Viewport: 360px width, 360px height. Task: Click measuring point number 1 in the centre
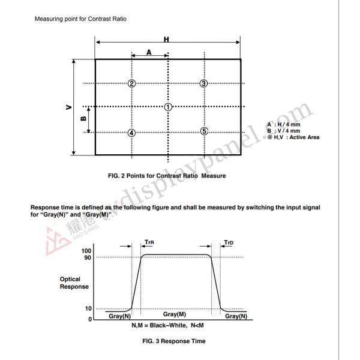(x=168, y=107)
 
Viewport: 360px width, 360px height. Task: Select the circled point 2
(x=131, y=83)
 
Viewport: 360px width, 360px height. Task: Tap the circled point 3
(x=204, y=83)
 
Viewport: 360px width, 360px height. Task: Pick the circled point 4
(x=131, y=132)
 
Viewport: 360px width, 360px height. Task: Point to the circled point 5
(x=204, y=131)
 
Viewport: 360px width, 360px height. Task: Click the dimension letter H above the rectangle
(x=166, y=40)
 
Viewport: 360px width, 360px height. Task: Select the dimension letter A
(x=149, y=52)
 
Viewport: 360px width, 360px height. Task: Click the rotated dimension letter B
(x=84, y=118)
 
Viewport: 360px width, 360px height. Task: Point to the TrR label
(x=149, y=243)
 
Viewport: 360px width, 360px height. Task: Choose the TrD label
(x=229, y=243)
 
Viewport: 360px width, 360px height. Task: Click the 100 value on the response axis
(x=86, y=251)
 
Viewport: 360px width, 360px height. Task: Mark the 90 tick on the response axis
(x=88, y=257)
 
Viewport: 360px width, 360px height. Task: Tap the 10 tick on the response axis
(x=88, y=308)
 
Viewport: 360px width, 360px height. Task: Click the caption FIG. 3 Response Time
(x=174, y=341)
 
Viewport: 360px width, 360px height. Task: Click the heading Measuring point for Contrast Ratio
(x=80, y=19)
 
